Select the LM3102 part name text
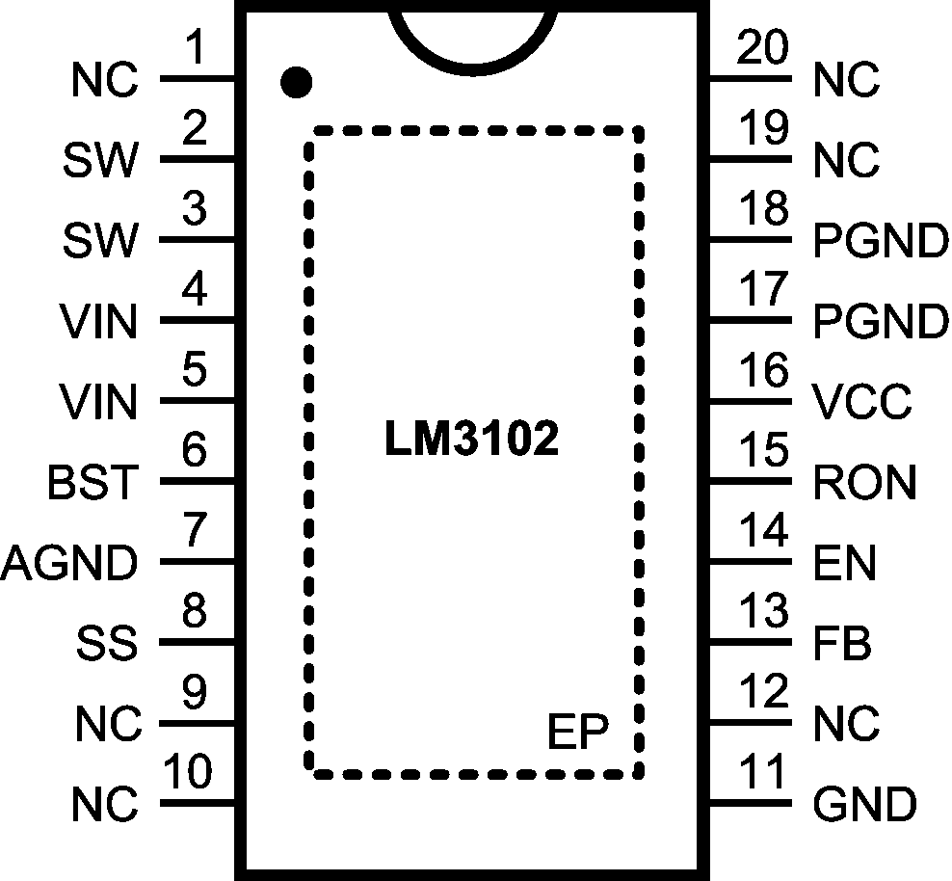[x=472, y=440]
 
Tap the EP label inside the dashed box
[x=578, y=734]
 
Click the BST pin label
[x=93, y=482]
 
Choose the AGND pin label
[x=69, y=563]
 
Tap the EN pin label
[x=845, y=563]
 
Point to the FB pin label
[x=842, y=643]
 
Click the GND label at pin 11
[x=864, y=804]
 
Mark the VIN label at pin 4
[x=97, y=322]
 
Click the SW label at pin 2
[x=100, y=162]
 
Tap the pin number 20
[x=762, y=47]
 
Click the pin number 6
[x=196, y=450]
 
